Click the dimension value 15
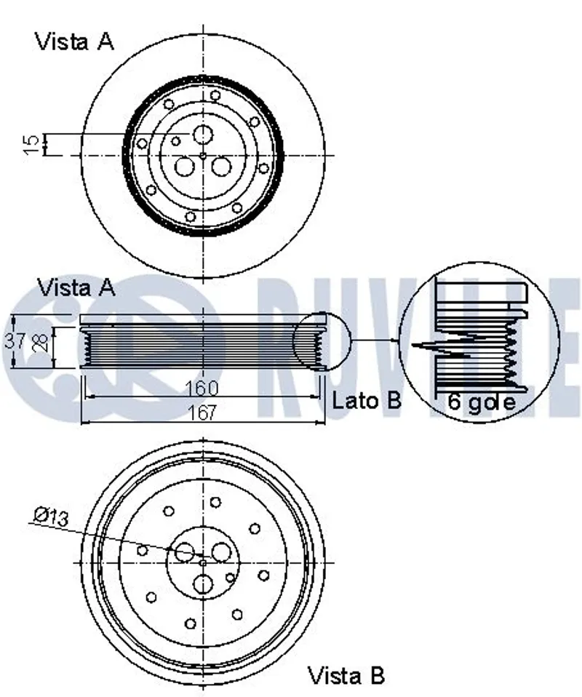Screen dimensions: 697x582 pos(31,144)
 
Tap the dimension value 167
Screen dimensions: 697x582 pos(202,413)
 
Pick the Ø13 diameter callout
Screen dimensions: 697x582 pos(51,517)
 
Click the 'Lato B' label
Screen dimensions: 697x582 pos(366,399)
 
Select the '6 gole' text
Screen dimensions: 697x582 pos(481,401)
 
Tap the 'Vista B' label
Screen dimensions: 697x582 pos(346,675)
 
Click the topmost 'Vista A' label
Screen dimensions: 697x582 pos(74,41)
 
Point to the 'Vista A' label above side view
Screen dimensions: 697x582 pos(77,287)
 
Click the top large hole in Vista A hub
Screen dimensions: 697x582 pos(202,135)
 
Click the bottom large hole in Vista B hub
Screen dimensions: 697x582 pos(203,584)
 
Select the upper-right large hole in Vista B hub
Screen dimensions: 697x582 pos(221,552)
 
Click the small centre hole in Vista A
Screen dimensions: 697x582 pos(203,155)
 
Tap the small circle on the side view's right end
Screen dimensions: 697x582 pos(322,340)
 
